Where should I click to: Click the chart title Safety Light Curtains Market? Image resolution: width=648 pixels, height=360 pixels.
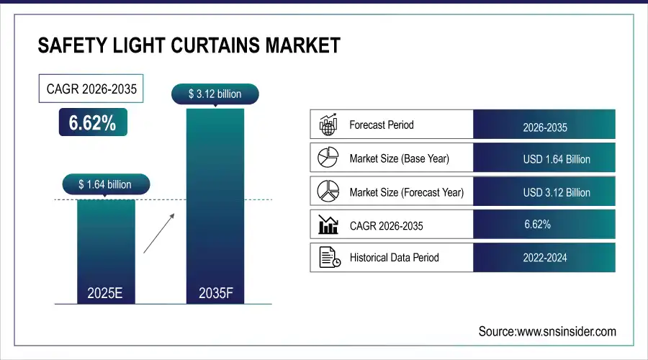(189, 47)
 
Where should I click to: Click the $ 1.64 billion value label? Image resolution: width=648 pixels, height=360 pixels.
(105, 185)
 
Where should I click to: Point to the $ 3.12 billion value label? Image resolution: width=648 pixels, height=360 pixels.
(215, 94)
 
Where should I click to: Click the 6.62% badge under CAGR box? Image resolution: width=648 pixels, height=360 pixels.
(92, 123)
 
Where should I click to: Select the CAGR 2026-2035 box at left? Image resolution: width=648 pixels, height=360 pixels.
(91, 89)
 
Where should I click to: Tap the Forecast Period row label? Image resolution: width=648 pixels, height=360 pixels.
(382, 125)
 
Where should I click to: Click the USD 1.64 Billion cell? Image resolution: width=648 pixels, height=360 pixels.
(544, 158)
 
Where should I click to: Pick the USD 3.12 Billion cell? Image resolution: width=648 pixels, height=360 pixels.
(544, 192)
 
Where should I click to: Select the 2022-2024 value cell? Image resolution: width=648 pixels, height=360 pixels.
(544, 258)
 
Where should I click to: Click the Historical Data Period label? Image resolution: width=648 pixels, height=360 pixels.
(394, 258)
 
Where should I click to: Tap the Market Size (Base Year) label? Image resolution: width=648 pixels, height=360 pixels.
(400, 158)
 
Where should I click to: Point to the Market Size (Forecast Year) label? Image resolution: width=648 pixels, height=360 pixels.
(406, 192)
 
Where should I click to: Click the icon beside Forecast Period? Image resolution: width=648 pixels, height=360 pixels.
(328, 125)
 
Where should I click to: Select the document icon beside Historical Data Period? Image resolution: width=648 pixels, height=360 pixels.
(328, 258)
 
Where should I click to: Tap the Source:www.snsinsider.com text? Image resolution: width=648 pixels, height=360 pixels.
(547, 331)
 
